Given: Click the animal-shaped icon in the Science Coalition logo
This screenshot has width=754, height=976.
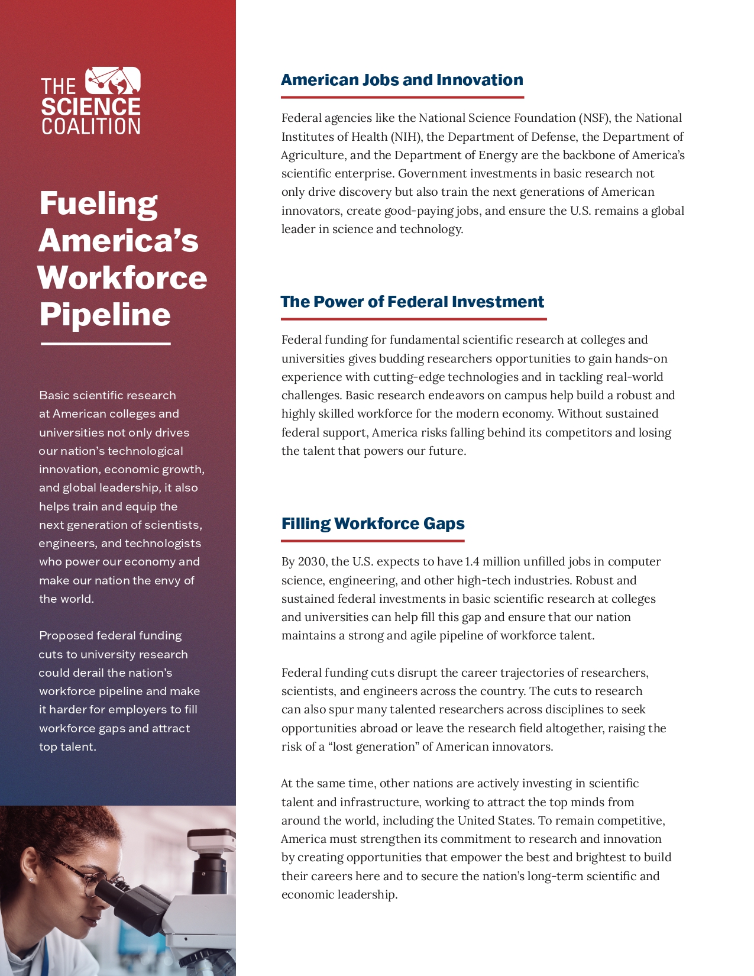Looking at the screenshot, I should (x=113, y=81).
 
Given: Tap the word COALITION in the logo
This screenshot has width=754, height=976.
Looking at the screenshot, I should (x=90, y=127).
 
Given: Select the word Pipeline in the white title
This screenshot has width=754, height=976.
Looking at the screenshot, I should (x=105, y=314).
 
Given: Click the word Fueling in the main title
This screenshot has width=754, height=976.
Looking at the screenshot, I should (x=98, y=203).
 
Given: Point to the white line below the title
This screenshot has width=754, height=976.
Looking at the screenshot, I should (x=105, y=344).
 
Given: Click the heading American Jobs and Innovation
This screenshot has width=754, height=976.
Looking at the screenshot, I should (x=402, y=80).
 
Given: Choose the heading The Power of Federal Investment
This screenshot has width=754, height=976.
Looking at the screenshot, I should (x=412, y=302).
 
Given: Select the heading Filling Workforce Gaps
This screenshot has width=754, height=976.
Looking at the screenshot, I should (x=373, y=523).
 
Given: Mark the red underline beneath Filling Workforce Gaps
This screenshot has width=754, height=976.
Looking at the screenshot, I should (x=373, y=541).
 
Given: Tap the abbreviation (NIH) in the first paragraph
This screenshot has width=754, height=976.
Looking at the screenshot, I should (x=406, y=137).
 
